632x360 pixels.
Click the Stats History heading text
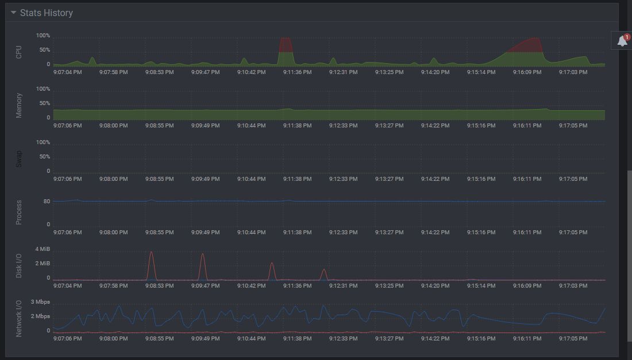click(47, 13)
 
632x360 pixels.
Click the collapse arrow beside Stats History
click(13, 13)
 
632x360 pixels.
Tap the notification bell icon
click(622, 41)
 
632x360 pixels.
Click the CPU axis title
click(19, 52)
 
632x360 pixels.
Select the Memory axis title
click(19, 105)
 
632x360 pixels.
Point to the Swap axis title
click(19, 158)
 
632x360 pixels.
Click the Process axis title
click(19, 212)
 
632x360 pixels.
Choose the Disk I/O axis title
click(19, 266)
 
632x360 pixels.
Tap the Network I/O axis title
click(19, 318)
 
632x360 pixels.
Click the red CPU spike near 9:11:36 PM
click(286, 44)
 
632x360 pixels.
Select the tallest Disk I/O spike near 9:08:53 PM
click(151, 253)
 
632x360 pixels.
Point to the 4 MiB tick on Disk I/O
click(43, 249)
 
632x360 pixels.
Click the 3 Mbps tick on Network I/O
click(40, 302)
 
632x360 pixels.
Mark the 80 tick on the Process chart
click(46, 202)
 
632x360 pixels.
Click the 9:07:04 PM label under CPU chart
click(67, 72)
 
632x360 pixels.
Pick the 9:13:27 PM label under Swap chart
click(389, 179)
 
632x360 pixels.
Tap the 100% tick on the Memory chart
click(43, 89)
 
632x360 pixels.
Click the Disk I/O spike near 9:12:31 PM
click(324, 270)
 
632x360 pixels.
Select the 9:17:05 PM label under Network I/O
click(573, 339)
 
